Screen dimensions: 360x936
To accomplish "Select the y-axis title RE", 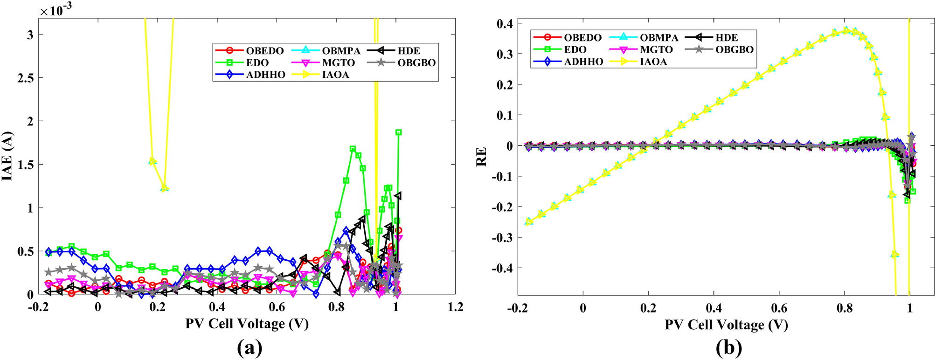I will click(x=481, y=156).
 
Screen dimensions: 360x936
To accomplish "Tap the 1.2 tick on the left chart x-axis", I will click(x=455, y=307).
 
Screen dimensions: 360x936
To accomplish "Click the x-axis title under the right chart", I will click(x=726, y=325).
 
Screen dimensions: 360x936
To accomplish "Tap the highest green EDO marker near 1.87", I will click(x=399, y=132).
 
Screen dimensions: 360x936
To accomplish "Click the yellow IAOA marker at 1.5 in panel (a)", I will click(x=153, y=161).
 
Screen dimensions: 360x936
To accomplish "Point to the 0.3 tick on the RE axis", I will click(x=504, y=54).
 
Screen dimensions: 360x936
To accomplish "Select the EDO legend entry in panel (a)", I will click(x=257, y=62).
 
